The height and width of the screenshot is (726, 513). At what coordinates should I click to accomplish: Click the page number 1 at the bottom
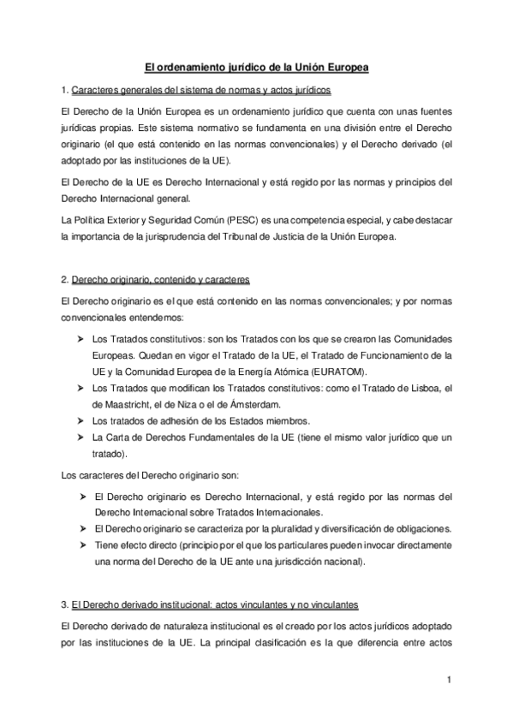pos(447,681)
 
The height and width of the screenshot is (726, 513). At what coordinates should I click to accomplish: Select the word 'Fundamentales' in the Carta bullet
pos(220,437)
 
